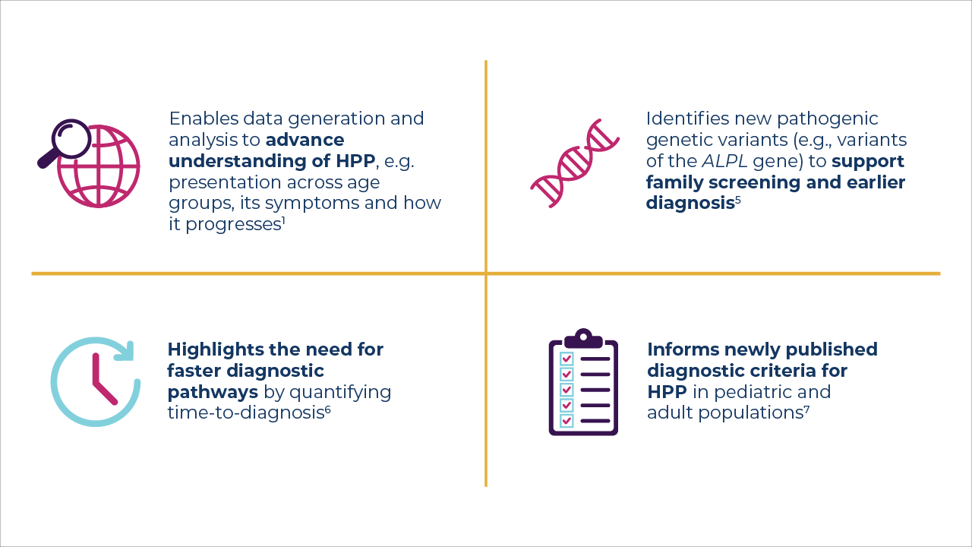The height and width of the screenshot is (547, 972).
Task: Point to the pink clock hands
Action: [x=99, y=380]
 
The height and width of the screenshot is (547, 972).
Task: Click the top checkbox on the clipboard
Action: [x=566, y=359]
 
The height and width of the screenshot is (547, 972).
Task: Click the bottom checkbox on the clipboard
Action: [x=566, y=420]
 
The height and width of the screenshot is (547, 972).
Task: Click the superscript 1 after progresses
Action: [x=282, y=221]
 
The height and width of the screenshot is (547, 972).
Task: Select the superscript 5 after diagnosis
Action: [x=737, y=201]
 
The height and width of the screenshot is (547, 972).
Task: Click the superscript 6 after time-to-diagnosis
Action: [x=327, y=409]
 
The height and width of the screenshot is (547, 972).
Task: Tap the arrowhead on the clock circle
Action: [x=125, y=351]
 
